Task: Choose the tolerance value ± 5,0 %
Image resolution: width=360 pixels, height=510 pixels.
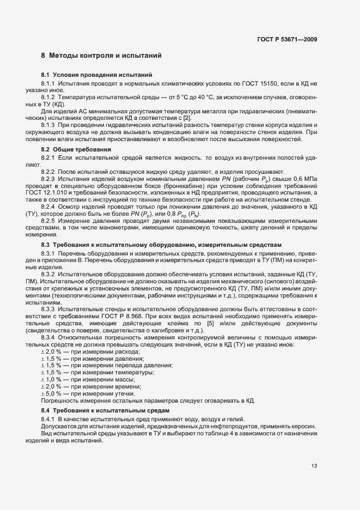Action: click(x=50, y=393)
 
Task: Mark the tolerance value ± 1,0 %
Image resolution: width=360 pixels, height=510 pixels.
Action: click(x=50, y=379)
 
